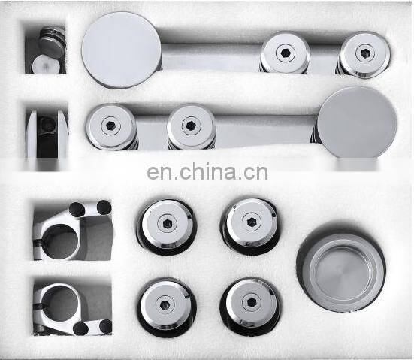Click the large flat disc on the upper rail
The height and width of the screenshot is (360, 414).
121,50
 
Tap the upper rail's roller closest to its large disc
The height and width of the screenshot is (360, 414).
285,53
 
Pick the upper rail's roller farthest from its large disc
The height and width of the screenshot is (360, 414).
364,53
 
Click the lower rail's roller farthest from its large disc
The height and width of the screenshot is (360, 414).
111,126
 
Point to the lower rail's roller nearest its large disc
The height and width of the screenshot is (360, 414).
191,126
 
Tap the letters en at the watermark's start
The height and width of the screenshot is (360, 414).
159,174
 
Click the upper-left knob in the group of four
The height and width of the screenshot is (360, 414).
166,225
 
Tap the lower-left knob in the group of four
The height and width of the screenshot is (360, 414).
166,303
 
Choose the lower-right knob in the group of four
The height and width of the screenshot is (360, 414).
249,302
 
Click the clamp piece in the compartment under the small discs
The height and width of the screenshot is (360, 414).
47,134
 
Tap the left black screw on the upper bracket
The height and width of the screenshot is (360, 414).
77,209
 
